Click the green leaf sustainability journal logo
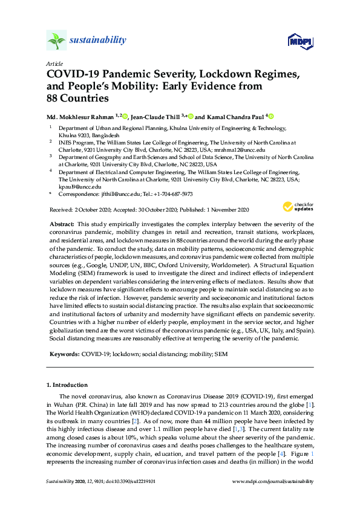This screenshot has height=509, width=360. click(x=57, y=41)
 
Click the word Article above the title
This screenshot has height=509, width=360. click(x=54, y=63)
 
